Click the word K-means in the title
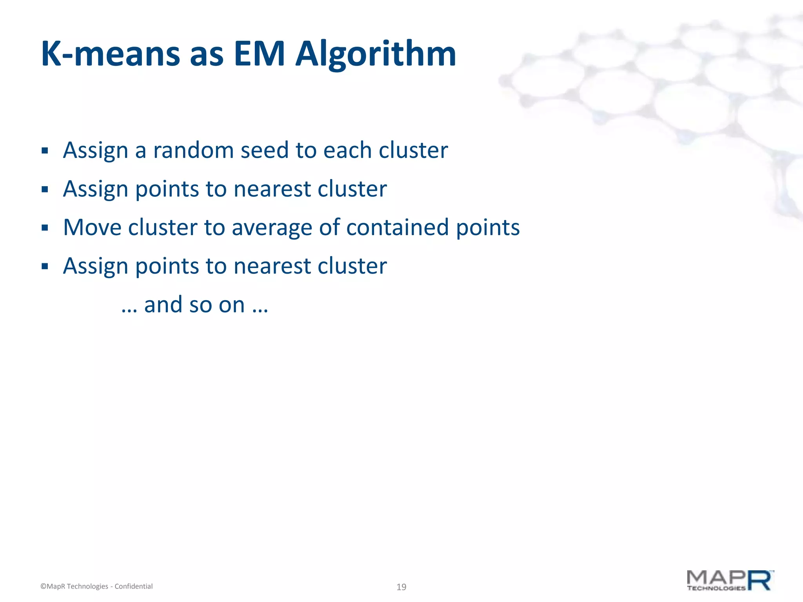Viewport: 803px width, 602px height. tap(110, 54)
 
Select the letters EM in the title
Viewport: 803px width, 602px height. tap(259, 54)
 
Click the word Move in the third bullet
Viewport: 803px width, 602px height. tap(92, 227)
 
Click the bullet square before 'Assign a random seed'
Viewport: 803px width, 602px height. tap(45, 151)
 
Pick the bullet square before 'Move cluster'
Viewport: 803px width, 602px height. tap(45, 228)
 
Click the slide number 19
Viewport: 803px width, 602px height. tap(401, 587)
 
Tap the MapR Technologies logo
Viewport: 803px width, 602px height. tap(730, 580)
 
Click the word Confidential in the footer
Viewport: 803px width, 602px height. tap(133, 586)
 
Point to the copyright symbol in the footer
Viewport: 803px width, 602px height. tap(43, 586)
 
